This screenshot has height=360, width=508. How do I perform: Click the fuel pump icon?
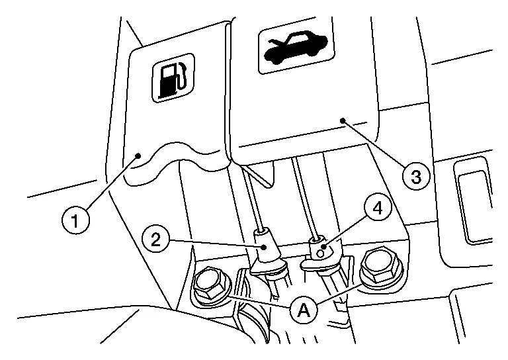(x=173, y=78)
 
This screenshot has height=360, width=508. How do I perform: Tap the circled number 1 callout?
(x=75, y=221)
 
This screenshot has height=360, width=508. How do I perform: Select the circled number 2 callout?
(x=156, y=240)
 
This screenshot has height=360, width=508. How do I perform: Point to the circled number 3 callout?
(x=416, y=177)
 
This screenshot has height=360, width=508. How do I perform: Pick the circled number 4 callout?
(x=378, y=208)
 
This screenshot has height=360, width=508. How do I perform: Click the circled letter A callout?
(x=304, y=310)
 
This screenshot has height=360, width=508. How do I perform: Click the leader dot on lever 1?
(x=138, y=156)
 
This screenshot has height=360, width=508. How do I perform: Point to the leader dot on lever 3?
(x=343, y=121)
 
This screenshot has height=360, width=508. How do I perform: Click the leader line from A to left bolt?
(x=259, y=300)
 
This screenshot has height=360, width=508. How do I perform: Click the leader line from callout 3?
(x=374, y=144)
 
